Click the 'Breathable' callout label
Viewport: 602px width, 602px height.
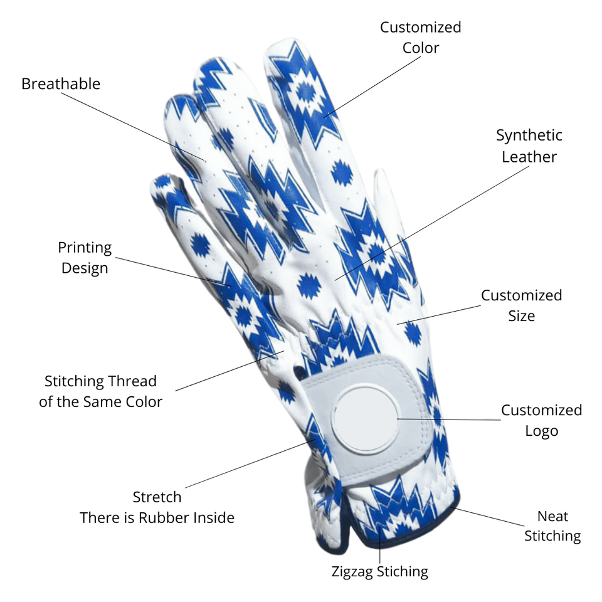click(x=61, y=83)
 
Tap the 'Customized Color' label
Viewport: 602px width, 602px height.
click(x=420, y=38)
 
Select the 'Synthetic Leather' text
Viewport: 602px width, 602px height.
click(x=529, y=145)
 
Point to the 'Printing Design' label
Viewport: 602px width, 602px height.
click(x=85, y=258)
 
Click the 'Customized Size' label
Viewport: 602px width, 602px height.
click(x=521, y=305)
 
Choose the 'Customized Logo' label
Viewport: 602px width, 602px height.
click(x=541, y=420)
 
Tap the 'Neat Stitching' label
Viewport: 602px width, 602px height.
click(x=552, y=525)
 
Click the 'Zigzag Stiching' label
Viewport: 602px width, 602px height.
click(x=379, y=571)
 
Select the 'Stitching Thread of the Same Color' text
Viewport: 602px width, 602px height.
click(x=100, y=391)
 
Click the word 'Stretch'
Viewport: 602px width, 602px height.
click(x=157, y=497)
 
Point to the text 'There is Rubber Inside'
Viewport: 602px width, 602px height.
click(x=157, y=517)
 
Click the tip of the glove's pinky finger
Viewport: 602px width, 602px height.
click(x=162, y=182)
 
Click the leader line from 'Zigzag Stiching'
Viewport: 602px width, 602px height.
click(x=379, y=546)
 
